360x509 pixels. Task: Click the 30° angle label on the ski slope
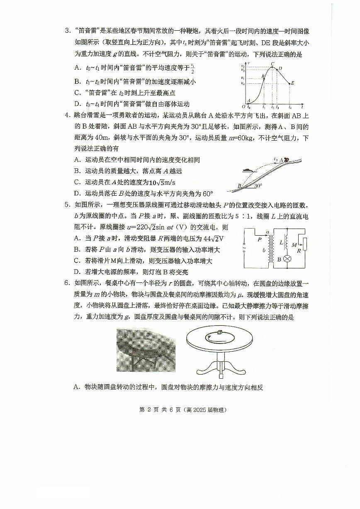(258, 186)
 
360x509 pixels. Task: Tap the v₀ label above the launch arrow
(276, 158)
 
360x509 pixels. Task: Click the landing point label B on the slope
(239, 186)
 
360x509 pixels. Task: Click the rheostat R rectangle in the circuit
(305, 245)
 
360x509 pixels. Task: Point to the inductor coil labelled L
(286, 242)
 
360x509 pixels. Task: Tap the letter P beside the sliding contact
(260, 239)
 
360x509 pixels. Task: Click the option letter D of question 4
(77, 193)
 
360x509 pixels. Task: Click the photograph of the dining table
(146, 351)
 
